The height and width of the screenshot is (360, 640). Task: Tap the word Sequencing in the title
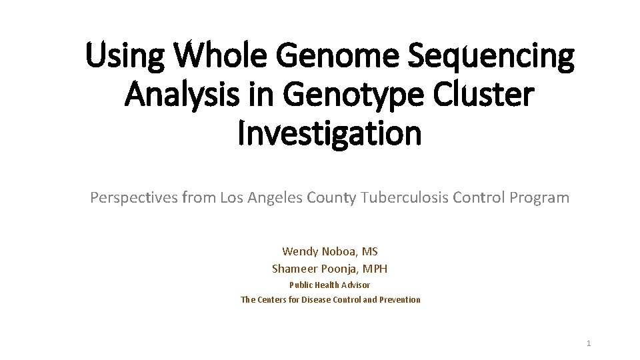coord(491,56)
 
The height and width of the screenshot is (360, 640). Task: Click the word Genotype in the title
coord(352,95)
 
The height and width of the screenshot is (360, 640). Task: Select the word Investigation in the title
coord(330,133)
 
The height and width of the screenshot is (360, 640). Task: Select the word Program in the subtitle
coord(539,198)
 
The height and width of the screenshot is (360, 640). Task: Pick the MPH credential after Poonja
coord(375,269)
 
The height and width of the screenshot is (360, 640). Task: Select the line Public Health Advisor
coord(329,285)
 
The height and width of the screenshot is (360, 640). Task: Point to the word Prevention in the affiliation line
coord(400,300)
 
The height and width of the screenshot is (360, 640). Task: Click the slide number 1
coord(589,343)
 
